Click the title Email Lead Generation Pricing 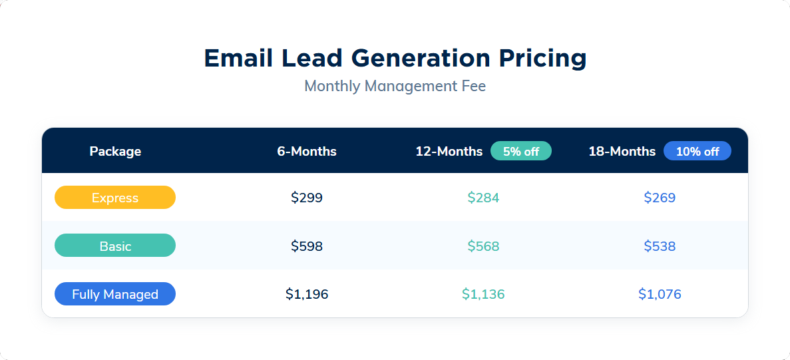(x=395, y=59)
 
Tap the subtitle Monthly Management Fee (x=395, y=87)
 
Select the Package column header (x=115, y=151)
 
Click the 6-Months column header (x=307, y=151)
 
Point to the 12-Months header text (x=449, y=151)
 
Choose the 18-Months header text (x=622, y=151)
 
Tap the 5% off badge (x=521, y=151)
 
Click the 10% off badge (x=697, y=151)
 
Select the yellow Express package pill (x=115, y=198)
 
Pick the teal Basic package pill (x=115, y=246)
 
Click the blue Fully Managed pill (x=115, y=294)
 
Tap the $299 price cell (x=307, y=198)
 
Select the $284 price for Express (x=483, y=198)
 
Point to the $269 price (x=660, y=198)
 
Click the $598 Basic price (x=307, y=246)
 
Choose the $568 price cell (x=483, y=246)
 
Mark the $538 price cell (x=660, y=246)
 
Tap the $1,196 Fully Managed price (x=307, y=294)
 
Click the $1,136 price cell (x=483, y=294)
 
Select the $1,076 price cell (x=660, y=294)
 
